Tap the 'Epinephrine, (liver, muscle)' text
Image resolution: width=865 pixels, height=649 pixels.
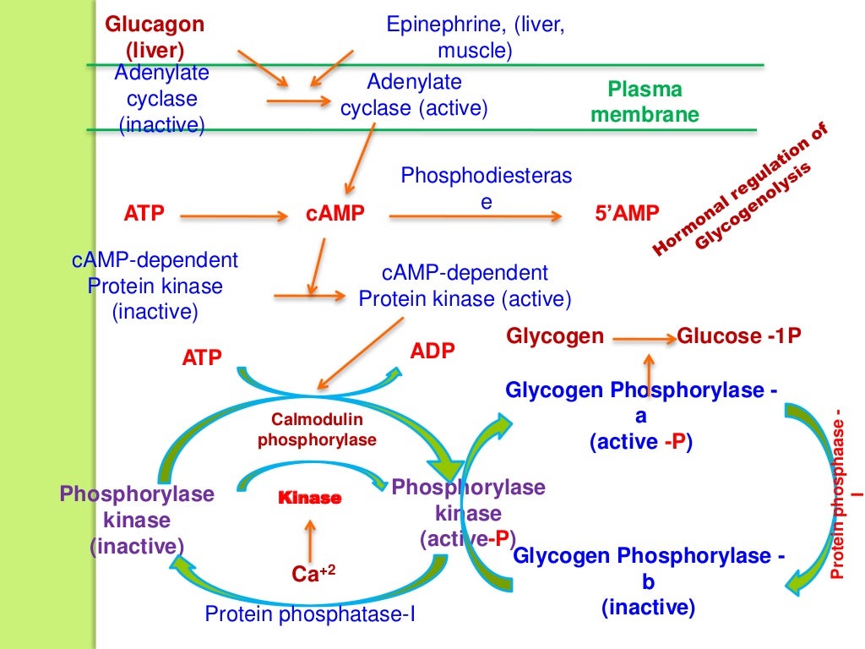(x=475, y=37)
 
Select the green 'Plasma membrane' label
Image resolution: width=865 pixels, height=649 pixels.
(x=645, y=101)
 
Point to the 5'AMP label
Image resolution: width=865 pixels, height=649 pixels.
(x=626, y=215)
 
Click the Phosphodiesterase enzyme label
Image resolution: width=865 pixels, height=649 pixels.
(x=486, y=188)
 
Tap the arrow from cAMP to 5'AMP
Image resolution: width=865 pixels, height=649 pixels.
(x=475, y=217)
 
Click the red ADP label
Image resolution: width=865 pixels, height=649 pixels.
(x=432, y=351)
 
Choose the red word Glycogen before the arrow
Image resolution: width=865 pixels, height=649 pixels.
(x=555, y=336)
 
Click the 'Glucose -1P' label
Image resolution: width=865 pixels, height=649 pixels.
(x=738, y=336)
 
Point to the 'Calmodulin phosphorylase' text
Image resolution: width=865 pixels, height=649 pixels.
(x=317, y=429)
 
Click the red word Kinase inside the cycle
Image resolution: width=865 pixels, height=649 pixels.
(x=309, y=499)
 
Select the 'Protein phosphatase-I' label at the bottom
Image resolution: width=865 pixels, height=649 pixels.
(x=311, y=614)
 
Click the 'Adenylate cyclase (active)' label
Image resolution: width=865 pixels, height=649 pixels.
(x=414, y=95)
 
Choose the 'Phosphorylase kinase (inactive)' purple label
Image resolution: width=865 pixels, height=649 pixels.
(x=137, y=520)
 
